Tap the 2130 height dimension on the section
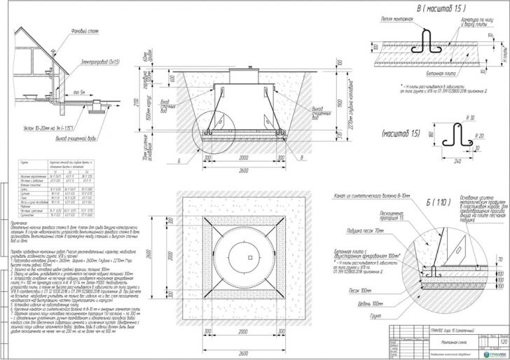click(x=146, y=102)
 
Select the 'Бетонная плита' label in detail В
click(x=443, y=72)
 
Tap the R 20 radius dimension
click(x=479, y=136)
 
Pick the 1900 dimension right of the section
click(x=337, y=102)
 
